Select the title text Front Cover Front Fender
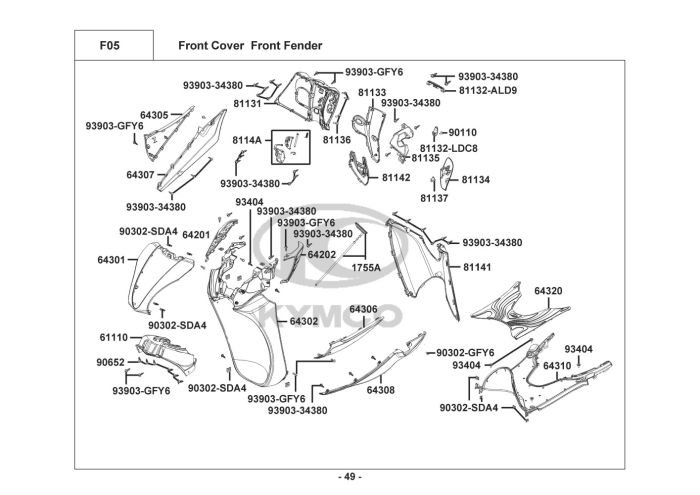click(249, 46)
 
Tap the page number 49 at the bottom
click(349, 475)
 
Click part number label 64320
click(548, 290)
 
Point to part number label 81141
click(476, 268)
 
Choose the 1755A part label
click(366, 268)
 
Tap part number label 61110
click(113, 337)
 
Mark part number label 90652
click(110, 362)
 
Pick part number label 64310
click(557, 366)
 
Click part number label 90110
click(462, 132)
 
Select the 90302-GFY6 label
click(466, 352)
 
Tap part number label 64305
click(154, 115)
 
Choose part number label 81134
click(476, 180)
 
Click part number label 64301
click(110, 260)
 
